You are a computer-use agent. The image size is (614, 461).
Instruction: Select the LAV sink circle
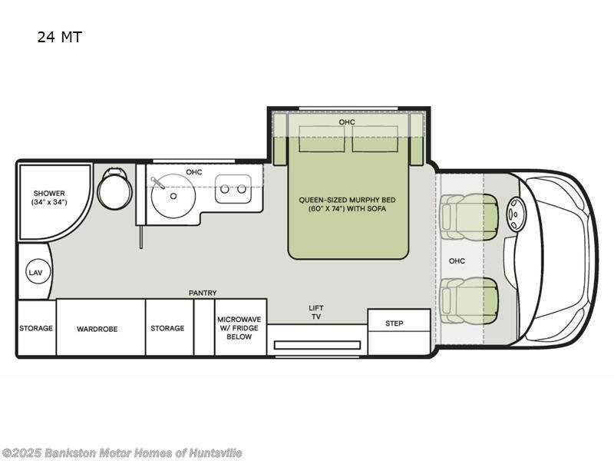click(35, 273)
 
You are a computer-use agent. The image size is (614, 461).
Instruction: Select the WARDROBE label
click(97, 328)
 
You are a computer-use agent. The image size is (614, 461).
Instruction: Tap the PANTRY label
click(203, 293)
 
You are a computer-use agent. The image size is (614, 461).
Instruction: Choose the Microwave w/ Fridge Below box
click(239, 327)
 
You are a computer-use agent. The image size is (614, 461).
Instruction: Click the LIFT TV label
click(315, 312)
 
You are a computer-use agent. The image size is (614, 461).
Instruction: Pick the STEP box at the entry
click(394, 323)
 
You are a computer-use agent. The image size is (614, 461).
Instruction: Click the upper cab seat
click(466, 215)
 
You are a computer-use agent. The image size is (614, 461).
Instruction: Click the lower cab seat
click(466, 300)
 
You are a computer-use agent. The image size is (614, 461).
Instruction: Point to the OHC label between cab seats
click(457, 260)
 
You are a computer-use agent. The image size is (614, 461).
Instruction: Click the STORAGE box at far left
click(36, 328)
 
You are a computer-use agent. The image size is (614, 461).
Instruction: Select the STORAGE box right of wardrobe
click(167, 328)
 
